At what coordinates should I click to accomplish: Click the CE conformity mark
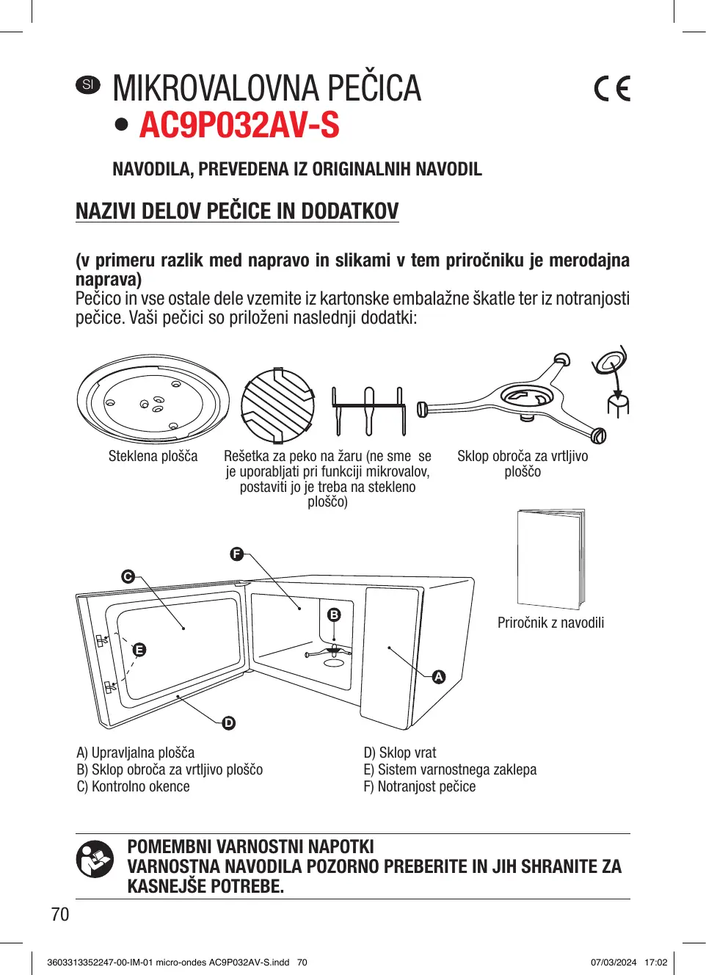(612, 89)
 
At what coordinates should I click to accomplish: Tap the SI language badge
(88, 84)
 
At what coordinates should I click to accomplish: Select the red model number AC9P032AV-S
(239, 125)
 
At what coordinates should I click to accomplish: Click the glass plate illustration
(153, 401)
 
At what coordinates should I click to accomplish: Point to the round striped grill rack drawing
(277, 404)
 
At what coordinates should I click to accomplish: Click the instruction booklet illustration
(550, 559)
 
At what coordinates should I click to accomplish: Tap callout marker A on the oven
(439, 677)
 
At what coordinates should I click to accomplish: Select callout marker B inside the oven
(334, 615)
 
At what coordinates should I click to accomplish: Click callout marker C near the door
(128, 576)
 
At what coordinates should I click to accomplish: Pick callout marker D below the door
(229, 723)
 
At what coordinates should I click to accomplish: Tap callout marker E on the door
(139, 650)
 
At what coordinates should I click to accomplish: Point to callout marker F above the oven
(236, 554)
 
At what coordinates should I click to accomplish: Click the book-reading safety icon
(95, 859)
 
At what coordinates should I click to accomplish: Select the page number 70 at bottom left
(60, 914)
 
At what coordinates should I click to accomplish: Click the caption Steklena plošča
(153, 456)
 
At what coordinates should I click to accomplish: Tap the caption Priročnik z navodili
(550, 623)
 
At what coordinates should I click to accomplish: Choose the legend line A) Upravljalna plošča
(136, 753)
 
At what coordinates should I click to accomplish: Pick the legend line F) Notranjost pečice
(419, 786)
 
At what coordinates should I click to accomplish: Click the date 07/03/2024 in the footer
(614, 963)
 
